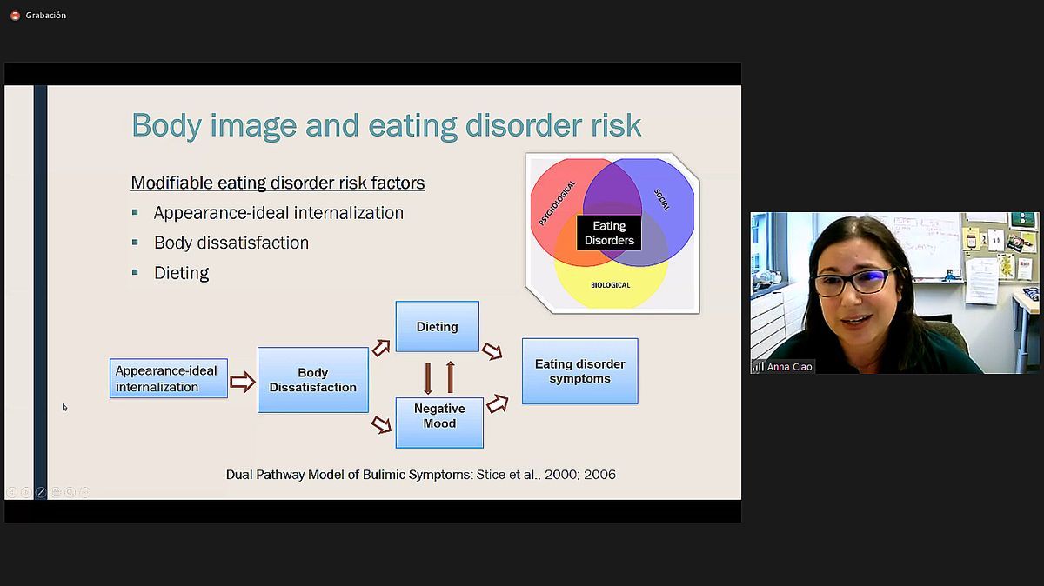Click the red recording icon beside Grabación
coord(15,16)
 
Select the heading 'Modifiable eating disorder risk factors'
coord(278,183)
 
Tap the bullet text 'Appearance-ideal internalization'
coord(278,213)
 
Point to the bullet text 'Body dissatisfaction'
coord(231,243)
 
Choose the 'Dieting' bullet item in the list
coord(181,273)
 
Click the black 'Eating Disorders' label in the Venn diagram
coord(609,233)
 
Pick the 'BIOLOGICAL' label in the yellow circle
coord(610,285)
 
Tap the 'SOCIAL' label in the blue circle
coord(662,200)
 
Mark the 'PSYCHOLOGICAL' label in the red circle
coord(557,203)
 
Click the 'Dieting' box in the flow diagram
coord(437,327)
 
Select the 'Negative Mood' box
coord(439,423)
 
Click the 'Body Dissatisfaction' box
coord(312,380)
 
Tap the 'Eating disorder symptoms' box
coord(579,371)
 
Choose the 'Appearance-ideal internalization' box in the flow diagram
coord(169,378)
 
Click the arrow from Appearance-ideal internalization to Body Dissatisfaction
coord(243,382)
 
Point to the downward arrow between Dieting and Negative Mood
coord(428,379)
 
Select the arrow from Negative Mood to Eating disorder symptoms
coord(498,403)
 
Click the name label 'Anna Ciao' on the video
coord(789,367)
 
